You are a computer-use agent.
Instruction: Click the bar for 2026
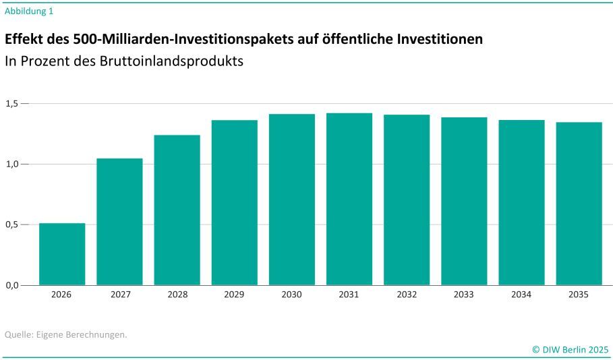62,254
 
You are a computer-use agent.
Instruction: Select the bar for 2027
119,222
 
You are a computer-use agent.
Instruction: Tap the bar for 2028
177,210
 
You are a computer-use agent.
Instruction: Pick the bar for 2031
349,199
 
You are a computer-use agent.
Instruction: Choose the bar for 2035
579,204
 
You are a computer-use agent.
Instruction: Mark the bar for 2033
464,201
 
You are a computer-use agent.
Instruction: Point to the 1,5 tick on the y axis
13,104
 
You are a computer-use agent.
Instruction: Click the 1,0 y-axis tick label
13,164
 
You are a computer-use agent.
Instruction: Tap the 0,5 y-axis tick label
13,224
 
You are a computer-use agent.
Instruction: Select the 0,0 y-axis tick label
13,285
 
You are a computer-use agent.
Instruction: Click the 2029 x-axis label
235,295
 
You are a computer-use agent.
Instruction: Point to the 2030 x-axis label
292,295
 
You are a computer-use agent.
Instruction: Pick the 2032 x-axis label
407,295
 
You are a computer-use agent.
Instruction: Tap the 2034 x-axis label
521,295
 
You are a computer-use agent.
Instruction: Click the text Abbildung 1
29,11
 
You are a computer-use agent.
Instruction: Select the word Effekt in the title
25,39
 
